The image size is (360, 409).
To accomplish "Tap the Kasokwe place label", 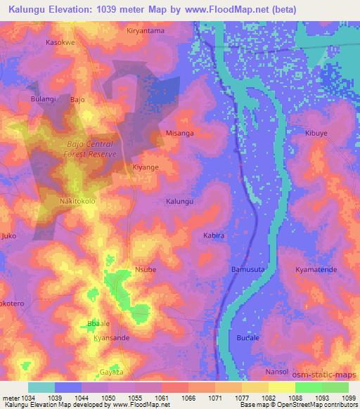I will [x=60, y=42].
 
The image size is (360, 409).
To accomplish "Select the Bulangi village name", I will [x=44, y=100].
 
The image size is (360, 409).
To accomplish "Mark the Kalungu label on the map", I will [x=179, y=202].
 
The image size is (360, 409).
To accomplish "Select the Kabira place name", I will [x=214, y=236].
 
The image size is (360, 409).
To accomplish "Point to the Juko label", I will [x=9, y=236].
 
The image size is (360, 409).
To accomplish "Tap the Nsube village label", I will [x=145, y=269].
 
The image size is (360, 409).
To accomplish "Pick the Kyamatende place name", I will [x=316, y=269].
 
